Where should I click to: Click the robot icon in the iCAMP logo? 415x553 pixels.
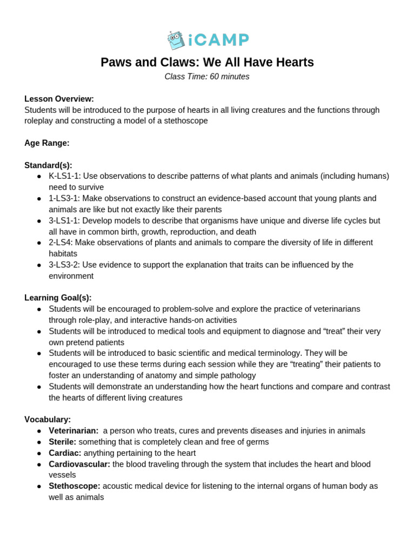176,40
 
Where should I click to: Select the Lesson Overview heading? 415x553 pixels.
59,99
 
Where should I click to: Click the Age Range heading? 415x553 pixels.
47,143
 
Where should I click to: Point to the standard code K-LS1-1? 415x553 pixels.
64,176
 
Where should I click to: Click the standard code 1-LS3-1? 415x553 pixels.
64,198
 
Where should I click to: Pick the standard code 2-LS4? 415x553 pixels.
61,242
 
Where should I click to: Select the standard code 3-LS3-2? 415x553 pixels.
64,265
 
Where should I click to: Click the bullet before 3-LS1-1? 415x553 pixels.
39,221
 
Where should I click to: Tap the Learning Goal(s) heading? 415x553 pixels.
58,298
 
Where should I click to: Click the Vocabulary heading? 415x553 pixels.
48,419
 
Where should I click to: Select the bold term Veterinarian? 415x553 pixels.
73,430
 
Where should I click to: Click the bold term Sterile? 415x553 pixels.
62,442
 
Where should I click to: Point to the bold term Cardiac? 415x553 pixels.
65,453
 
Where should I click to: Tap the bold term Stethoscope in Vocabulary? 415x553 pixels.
75,486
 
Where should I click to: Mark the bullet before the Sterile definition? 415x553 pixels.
39,442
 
